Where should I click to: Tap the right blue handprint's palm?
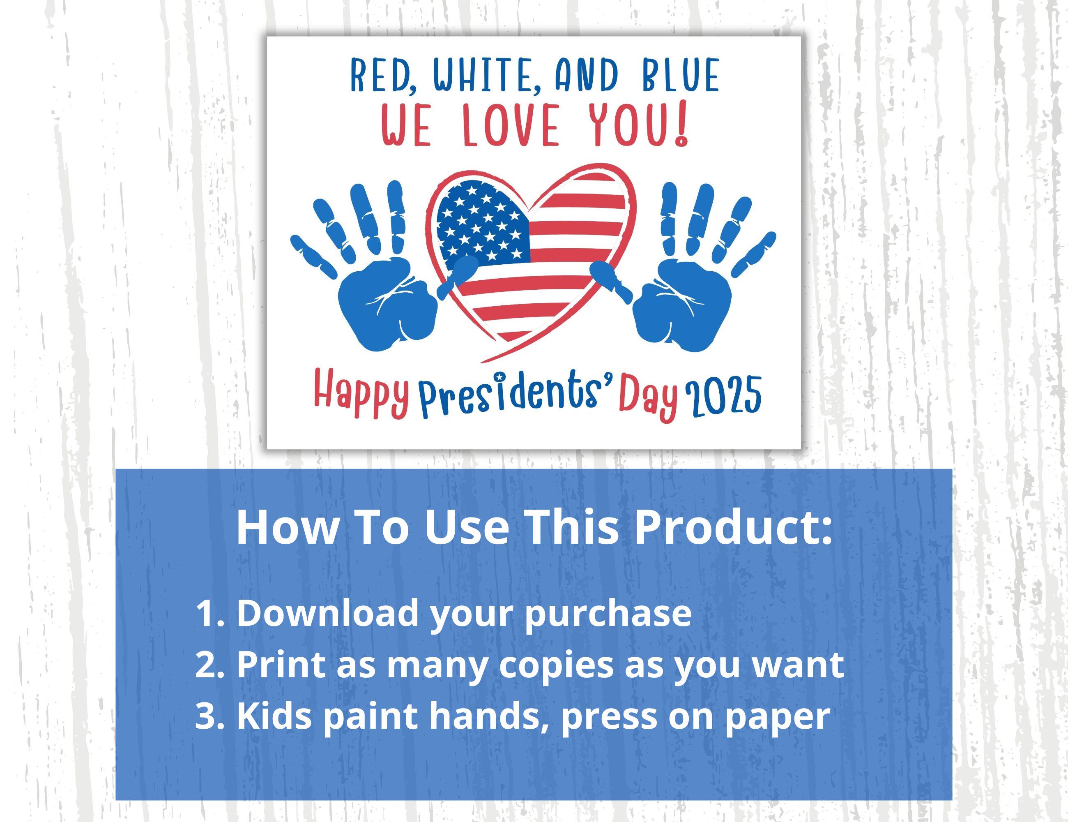(x=682, y=308)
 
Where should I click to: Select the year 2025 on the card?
(x=724, y=394)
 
